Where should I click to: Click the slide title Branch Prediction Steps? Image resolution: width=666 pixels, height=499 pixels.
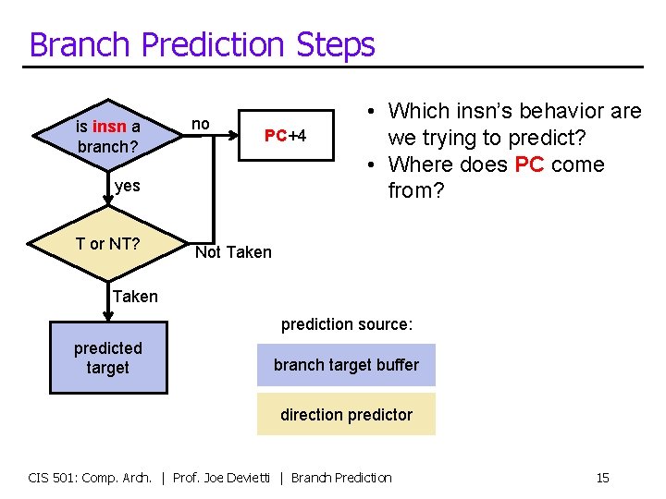coord(202,44)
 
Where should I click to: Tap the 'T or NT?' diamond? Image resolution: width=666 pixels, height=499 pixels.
coord(108,244)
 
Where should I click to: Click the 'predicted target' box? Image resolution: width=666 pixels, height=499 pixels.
coord(108,358)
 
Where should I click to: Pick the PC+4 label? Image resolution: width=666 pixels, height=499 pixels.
coord(285,136)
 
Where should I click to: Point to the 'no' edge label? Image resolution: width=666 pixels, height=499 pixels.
coord(200,124)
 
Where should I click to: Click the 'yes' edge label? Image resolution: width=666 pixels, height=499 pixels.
coord(128,186)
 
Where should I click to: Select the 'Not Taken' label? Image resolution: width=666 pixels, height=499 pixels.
coord(233,252)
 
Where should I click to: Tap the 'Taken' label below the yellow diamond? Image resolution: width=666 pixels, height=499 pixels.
coord(135,297)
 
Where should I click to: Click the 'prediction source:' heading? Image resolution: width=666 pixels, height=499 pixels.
coord(346,324)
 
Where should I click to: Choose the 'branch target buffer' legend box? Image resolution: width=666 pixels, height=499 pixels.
coord(346,365)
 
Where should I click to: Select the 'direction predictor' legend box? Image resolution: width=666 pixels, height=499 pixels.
coord(346,415)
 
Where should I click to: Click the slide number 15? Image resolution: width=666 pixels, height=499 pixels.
coord(602,478)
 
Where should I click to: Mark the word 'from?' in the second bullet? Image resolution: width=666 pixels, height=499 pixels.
coord(418,191)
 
